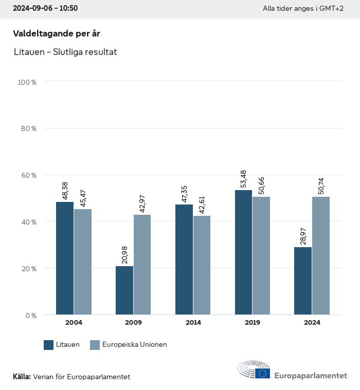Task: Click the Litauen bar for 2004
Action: [x=65, y=258]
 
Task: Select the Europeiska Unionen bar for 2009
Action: [x=142, y=265]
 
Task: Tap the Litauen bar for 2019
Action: [x=243, y=252]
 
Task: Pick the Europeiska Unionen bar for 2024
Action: [x=320, y=255]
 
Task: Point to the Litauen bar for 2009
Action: [x=124, y=290]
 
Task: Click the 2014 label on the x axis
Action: [x=193, y=323]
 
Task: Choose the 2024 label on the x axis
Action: [x=312, y=323]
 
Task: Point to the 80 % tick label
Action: [x=29, y=128]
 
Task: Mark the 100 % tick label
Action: [x=27, y=82]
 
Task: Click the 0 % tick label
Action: [x=31, y=315]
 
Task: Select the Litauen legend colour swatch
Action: [x=49, y=345]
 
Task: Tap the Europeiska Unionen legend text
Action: [x=135, y=345]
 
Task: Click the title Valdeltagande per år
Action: [x=56, y=33]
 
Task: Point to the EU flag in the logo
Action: [x=263, y=373]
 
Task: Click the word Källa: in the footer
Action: [x=22, y=377]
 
